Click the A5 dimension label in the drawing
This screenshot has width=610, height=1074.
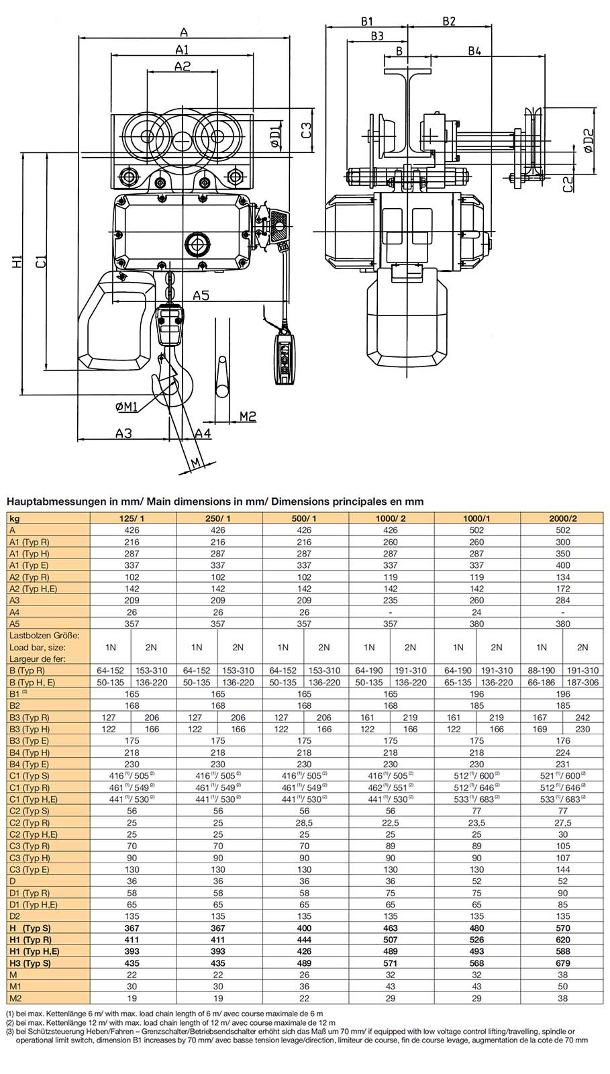click(201, 295)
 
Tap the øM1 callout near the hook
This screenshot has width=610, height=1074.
click(125, 407)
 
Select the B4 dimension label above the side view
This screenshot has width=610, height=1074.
click(474, 52)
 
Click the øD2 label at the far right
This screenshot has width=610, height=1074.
click(589, 140)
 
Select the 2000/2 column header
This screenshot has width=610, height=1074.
click(562, 518)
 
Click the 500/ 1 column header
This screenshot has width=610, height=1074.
click(304, 518)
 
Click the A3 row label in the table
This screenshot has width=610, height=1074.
click(15, 601)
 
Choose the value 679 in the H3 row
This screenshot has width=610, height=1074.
click(562, 963)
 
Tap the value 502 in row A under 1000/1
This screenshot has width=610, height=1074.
click(476, 530)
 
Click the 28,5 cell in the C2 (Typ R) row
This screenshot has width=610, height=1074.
click(304, 823)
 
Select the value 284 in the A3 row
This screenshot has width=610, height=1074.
click(562, 601)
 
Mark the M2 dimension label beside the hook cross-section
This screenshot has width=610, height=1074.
click(248, 417)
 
